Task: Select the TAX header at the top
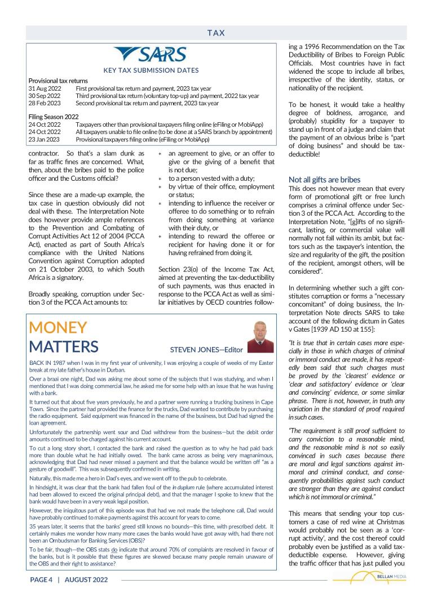(x=216, y=33)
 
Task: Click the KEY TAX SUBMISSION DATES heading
(x=151, y=70)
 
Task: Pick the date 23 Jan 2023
(x=44, y=139)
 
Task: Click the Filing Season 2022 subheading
(x=54, y=117)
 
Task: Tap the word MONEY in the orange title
(x=58, y=327)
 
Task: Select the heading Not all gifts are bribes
(x=324, y=180)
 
